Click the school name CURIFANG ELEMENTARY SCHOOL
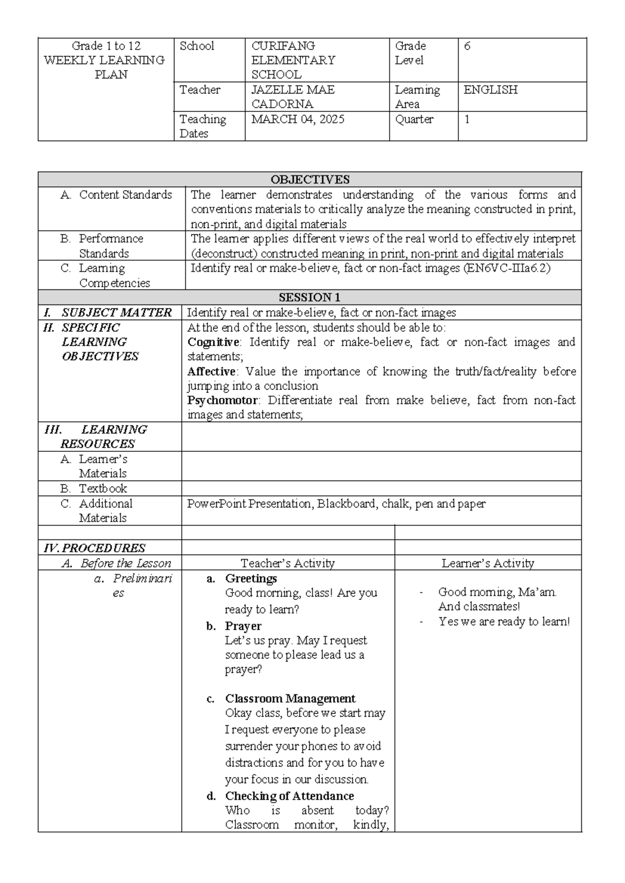tap(293, 60)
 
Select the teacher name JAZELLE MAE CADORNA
tap(293, 97)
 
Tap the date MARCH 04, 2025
tap(297, 119)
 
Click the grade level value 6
tap(467, 46)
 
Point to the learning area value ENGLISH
tap(491, 90)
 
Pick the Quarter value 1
tap(467, 119)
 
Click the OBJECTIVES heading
tap(309, 180)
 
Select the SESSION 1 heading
tap(309, 298)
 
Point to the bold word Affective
tap(211, 372)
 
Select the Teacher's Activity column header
tap(287, 563)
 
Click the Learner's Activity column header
tap(488, 563)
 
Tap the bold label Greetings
tap(251, 578)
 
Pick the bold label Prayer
tap(243, 626)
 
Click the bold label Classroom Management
tap(290, 699)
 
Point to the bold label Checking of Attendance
tap(289, 796)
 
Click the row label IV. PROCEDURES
tap(94, 548)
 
